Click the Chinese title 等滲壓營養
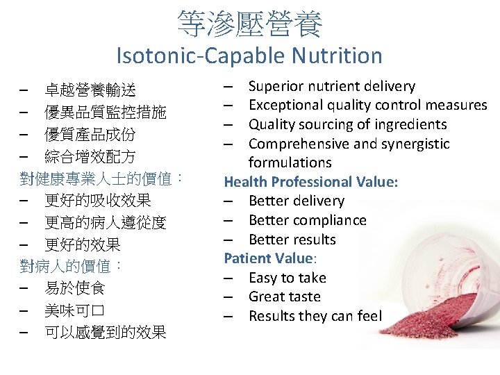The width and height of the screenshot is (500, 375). (249, 24)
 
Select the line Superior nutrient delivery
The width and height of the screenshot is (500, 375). (331, 87)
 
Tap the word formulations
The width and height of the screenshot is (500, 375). (290, 163)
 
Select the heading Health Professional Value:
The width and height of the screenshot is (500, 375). (310, 182)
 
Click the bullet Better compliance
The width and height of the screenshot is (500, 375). (307, 221)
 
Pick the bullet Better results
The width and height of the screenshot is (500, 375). (292, 240)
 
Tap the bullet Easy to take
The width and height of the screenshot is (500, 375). (287, 278)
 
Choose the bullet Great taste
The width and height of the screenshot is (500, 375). (284, 297)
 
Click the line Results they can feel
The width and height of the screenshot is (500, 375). (315, 317)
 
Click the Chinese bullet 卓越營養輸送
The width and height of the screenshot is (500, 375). (90, 90)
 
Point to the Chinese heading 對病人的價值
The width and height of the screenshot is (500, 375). (69, 266)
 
